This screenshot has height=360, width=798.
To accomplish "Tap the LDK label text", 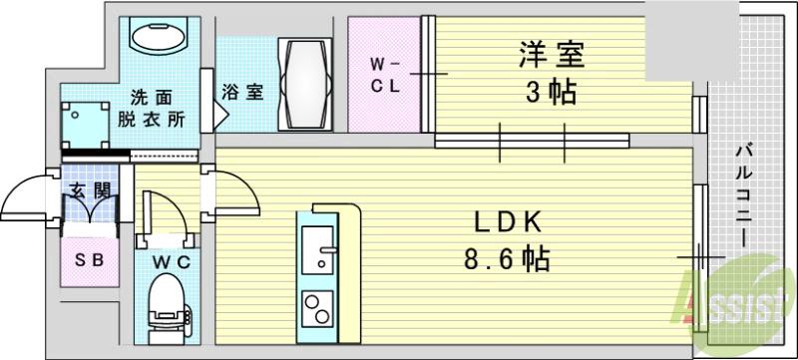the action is click(x=506, y=221).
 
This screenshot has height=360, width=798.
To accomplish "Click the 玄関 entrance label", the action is click(x=88, y=188).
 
